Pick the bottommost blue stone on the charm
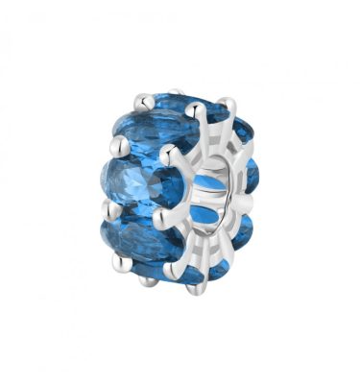tap(173, 272)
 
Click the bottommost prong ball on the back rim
tap(145, 280)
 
